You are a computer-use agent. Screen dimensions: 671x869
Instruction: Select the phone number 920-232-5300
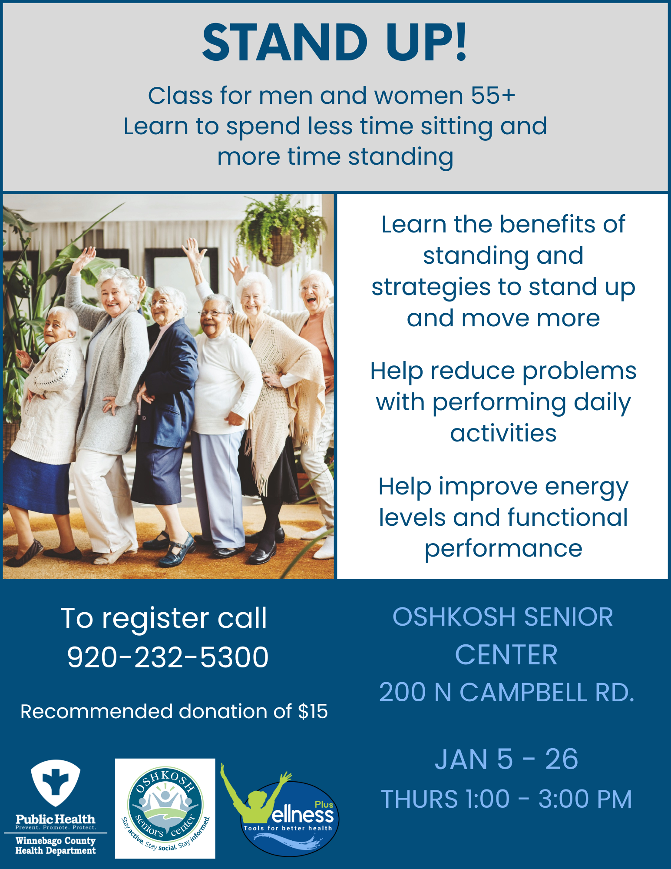(168, 657)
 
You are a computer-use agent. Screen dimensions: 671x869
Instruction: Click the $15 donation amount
(313, 712)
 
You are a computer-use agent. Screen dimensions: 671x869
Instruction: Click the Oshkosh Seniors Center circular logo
(165, 809)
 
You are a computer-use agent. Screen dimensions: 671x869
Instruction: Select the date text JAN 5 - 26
(506, 759)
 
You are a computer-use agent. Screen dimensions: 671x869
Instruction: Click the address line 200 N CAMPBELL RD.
(506, 692)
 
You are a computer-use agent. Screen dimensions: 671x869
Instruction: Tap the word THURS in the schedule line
(419, 799)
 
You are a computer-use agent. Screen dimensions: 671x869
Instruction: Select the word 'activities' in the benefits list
(503, 433)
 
